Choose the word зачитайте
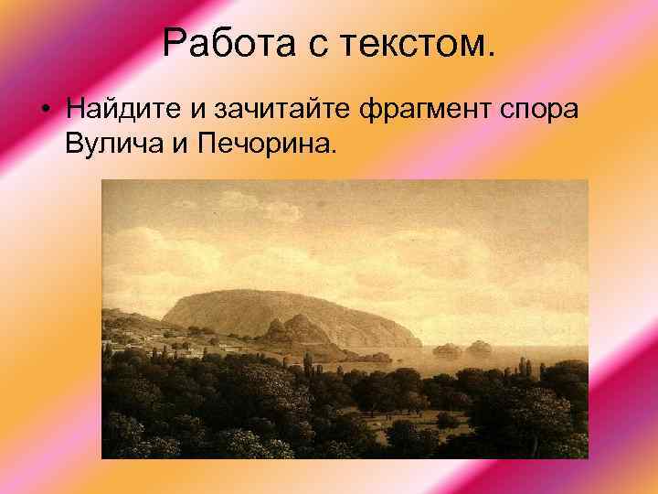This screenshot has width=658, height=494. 282,111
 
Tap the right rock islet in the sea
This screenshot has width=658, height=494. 480,347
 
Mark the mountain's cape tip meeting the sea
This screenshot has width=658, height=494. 417,344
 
